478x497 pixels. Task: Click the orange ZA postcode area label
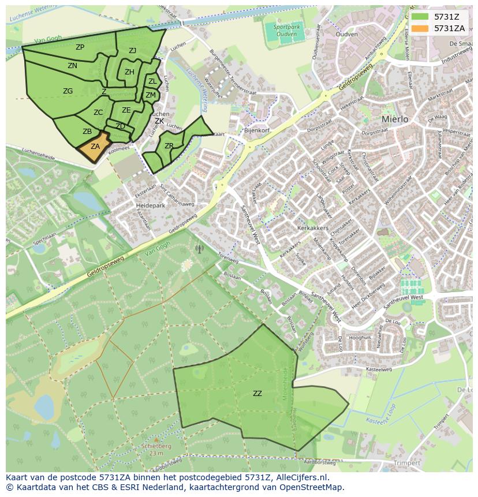[x=95, y=147]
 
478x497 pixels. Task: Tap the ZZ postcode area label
[x=257, y=394]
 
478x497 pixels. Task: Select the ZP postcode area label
[x=80, y=47]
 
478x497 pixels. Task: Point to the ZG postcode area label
[x=68, y=91]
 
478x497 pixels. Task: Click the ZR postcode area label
[x=169, y=146]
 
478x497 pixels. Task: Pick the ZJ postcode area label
[x=132, y=51]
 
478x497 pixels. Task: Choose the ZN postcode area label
[x=72, y=66]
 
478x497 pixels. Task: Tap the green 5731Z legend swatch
[x=420, y=17]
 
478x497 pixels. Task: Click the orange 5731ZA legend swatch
[x=420, y=28]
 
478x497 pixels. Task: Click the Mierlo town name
[x=395, y=119]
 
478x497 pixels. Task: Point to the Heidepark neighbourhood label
[x=150, y=205]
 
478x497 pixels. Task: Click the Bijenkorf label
[x=257, y=131]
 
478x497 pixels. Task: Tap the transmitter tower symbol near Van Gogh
[x=200, y=249]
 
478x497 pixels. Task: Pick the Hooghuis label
[x=360, y=337]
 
